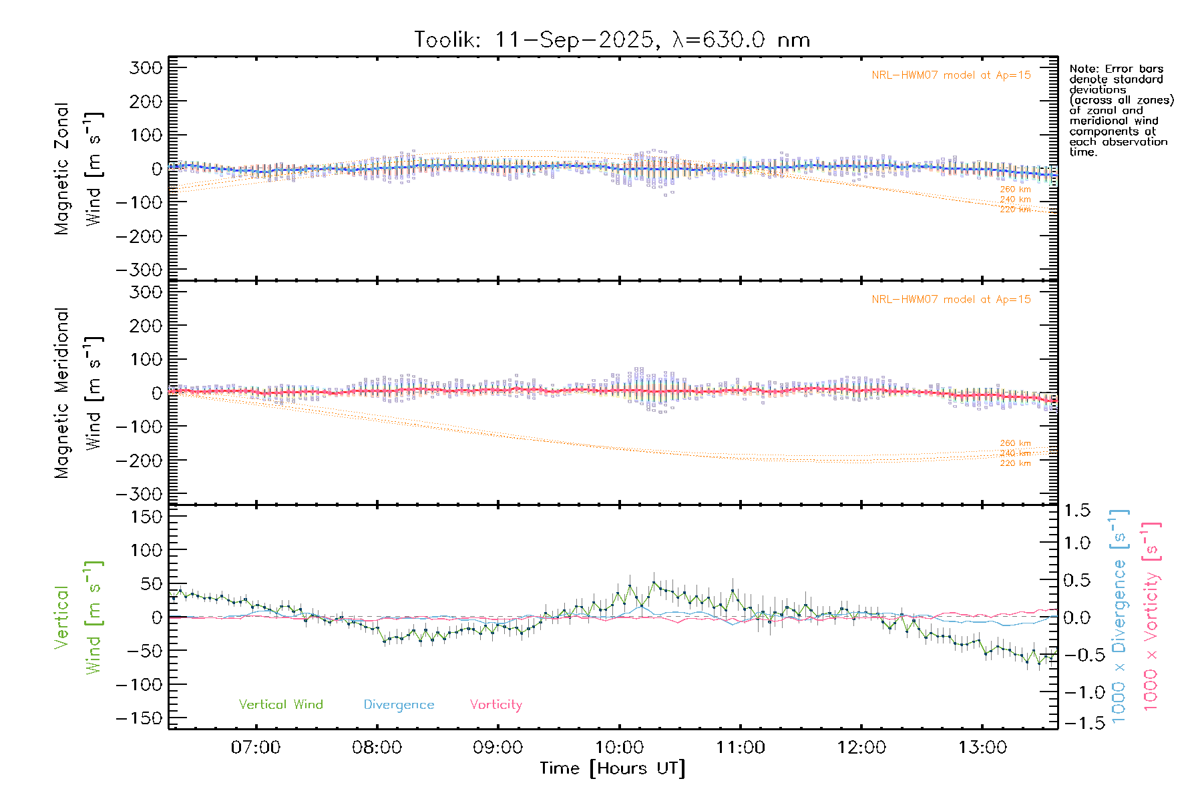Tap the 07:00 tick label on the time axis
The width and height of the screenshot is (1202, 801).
point(256,748)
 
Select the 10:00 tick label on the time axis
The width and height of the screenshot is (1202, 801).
point(619,748)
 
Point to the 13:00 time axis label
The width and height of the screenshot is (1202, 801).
point(982,748)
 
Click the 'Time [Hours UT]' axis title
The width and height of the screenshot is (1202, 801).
point(612,768)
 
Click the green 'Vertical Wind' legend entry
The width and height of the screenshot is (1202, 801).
point(280,705)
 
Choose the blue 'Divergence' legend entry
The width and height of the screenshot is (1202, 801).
point(399,705)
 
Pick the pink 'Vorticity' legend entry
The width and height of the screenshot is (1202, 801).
point(495,705)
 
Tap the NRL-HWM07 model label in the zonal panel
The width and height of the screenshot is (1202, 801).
point(951,75)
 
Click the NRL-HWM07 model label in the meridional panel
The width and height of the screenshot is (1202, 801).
point(951,300)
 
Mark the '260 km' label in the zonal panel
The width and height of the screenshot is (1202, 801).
point(1015,190)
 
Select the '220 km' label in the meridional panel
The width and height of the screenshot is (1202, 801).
point(1015,463)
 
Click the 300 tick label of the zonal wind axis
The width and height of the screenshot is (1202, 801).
point(146,68)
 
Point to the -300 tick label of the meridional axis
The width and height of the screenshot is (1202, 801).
point(140,494)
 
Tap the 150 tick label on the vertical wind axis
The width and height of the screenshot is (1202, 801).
point(146,517)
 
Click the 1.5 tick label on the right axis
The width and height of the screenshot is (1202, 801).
point(1077,511)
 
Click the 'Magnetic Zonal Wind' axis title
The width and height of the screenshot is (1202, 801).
point(78,169)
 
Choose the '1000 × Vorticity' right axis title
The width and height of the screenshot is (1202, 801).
point(1151,617)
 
